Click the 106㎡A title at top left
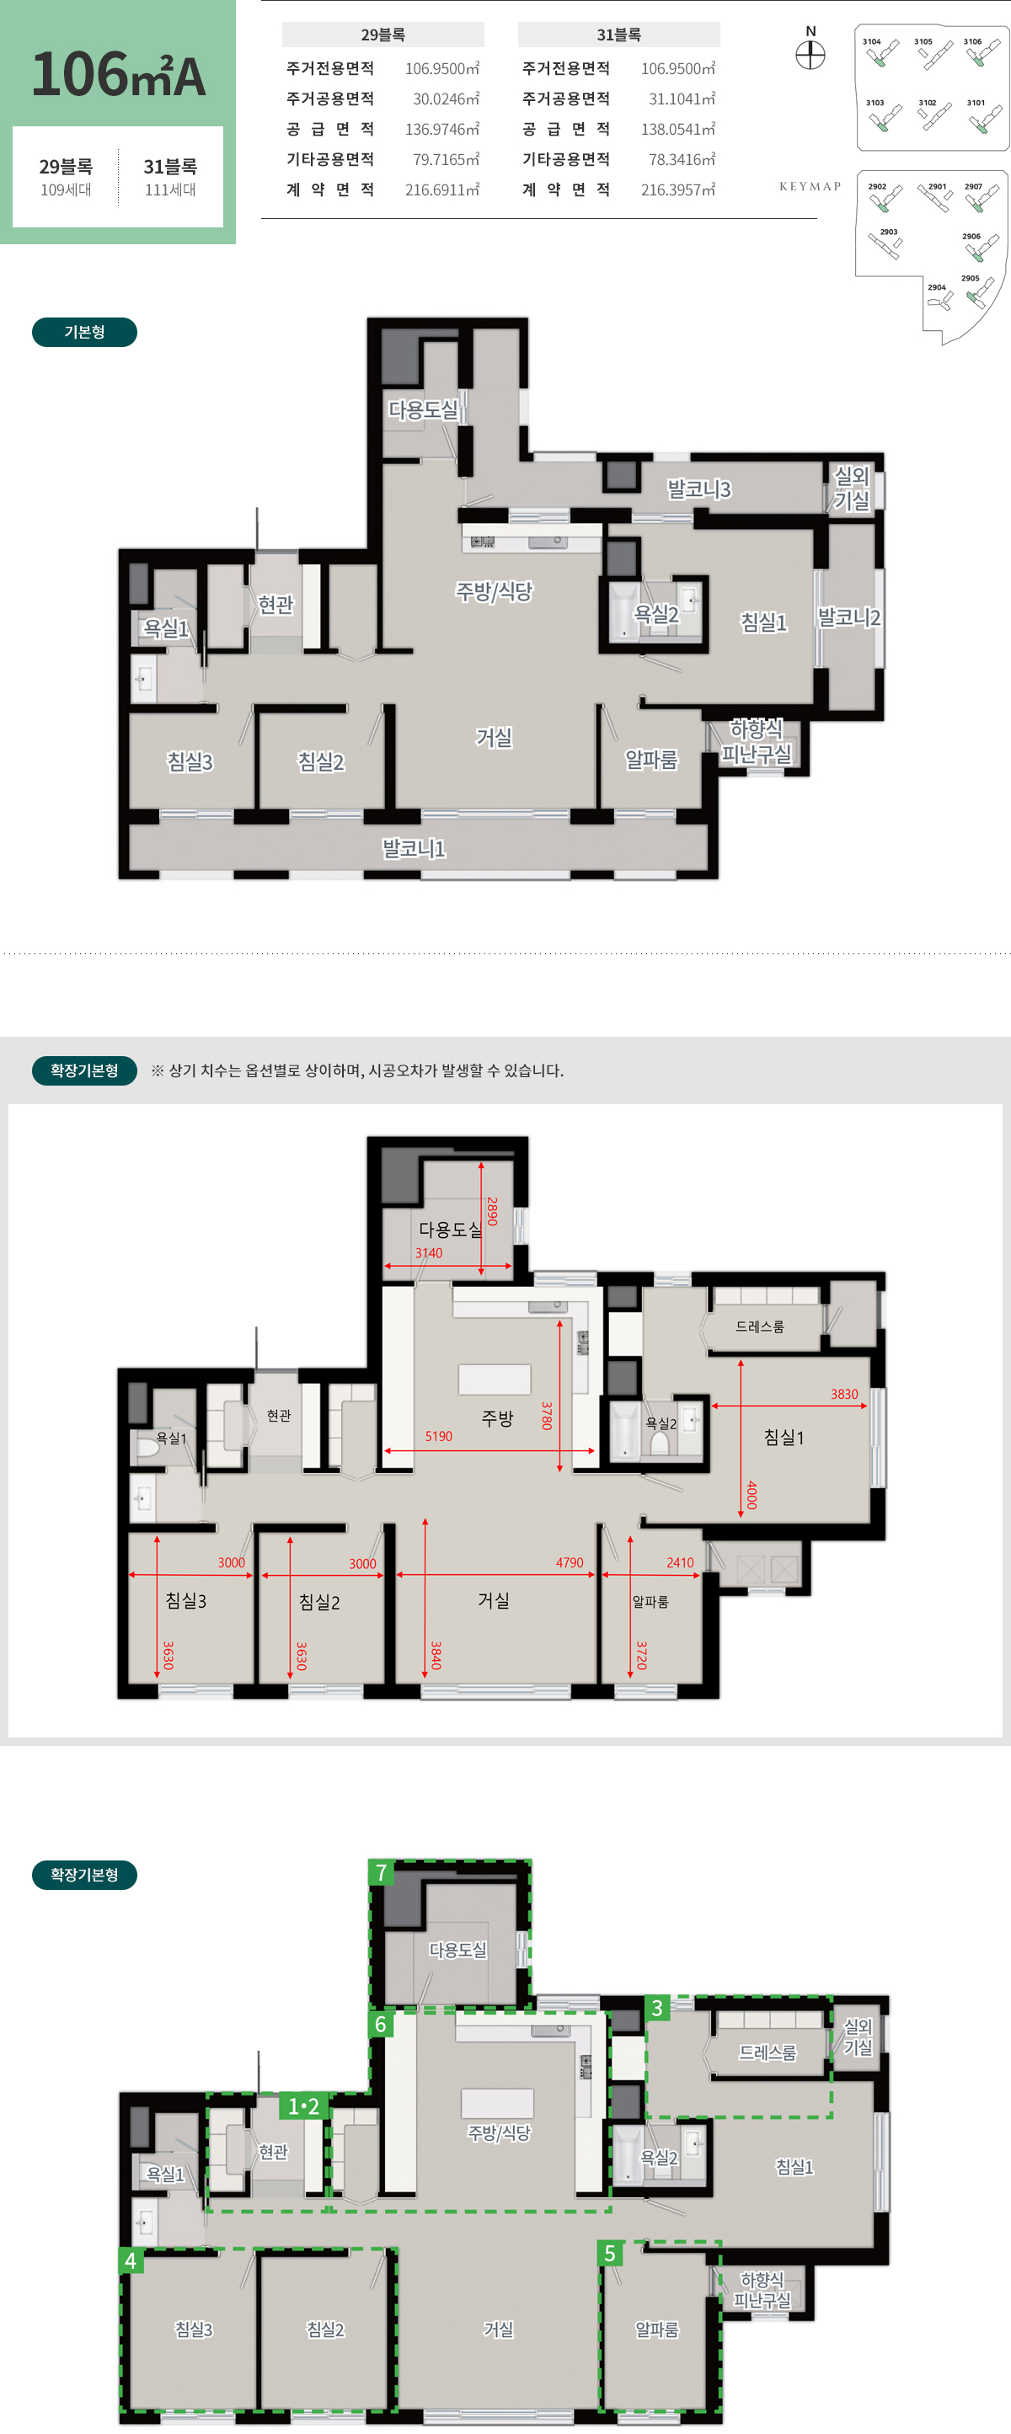(x=118, y=75)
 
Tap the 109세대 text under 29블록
(x=67, y=190)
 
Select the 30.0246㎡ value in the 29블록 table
(x=446, y=99)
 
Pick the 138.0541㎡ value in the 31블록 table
(x=677, y=129)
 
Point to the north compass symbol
(x=810, y=55)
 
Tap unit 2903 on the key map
(x=886, y=243)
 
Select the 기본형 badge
(x=84, y=332)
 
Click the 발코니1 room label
(x=413, y=847)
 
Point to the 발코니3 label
(x=699, y=488)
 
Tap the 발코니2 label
(x=848, y=617)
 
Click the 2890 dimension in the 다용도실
(x=491, y=1211)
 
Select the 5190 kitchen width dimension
(x=438, y=1436)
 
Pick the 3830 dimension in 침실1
(x=845, y=1394)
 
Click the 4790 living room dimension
(x=570, y=1563)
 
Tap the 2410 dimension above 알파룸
(x=680, y=1563)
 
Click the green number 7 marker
(x=381, y=1873)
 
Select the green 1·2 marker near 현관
(x=304, y=2106)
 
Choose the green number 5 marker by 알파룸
(x=610, y=2254)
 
